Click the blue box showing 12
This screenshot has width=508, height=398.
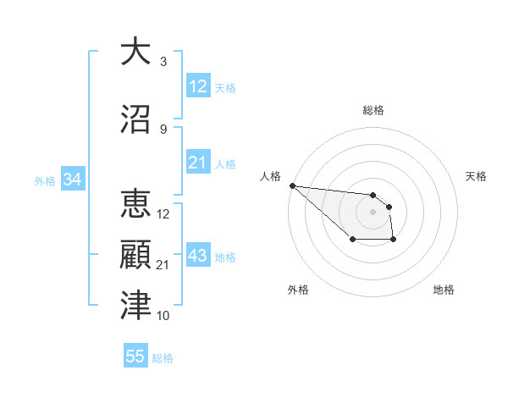tap(198, 86)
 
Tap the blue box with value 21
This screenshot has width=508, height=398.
tap(198, 163)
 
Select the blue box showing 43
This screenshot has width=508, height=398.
tap(198, 257)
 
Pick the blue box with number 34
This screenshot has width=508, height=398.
tap(72, 180)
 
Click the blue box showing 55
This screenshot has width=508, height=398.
tap(135, 357)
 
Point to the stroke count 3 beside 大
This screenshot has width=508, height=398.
tap(163, 62)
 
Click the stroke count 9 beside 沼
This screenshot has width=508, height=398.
tap(163, 130)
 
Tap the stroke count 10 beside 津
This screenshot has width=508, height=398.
tap(163, 316)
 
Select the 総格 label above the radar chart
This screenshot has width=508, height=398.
tap(373, 110)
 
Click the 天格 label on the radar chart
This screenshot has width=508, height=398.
tap(476, 176)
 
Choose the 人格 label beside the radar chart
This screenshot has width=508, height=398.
tap(270, 176)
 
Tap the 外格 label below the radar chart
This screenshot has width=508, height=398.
tap(298, 290)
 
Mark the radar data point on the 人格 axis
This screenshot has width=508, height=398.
tap(292, 185)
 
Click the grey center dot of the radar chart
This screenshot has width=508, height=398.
tap(373, 212)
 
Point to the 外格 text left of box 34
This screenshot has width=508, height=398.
tap(45, 181)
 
